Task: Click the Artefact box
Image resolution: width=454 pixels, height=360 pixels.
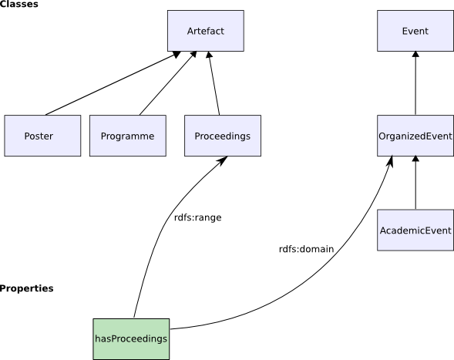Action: coord(206,31)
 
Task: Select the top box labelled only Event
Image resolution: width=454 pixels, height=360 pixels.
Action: coord(415,31)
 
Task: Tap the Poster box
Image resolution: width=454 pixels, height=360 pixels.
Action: coord(42,136)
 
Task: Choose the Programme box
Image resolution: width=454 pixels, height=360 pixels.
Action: coord(127,136)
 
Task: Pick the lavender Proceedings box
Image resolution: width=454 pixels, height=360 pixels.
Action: coord(222,136)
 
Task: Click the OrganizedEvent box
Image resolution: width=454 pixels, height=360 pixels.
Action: coord(415,136)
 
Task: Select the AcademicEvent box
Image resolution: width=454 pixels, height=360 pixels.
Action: coord(415,230)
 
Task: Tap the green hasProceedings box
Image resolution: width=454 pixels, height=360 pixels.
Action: coord(131,338)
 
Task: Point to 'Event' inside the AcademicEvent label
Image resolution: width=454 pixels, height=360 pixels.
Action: coord(437,230)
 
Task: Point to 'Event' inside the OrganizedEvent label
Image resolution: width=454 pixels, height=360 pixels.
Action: coord(439,136)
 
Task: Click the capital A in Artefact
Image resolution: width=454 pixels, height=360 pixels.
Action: coord(190,31)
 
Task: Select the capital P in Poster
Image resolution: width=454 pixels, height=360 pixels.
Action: coord(27,136)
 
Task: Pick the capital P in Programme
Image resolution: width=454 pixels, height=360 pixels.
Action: coord(104,136)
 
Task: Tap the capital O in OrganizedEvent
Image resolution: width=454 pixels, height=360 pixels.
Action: coord(382,136)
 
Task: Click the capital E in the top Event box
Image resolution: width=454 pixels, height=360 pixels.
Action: coord(405,31)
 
